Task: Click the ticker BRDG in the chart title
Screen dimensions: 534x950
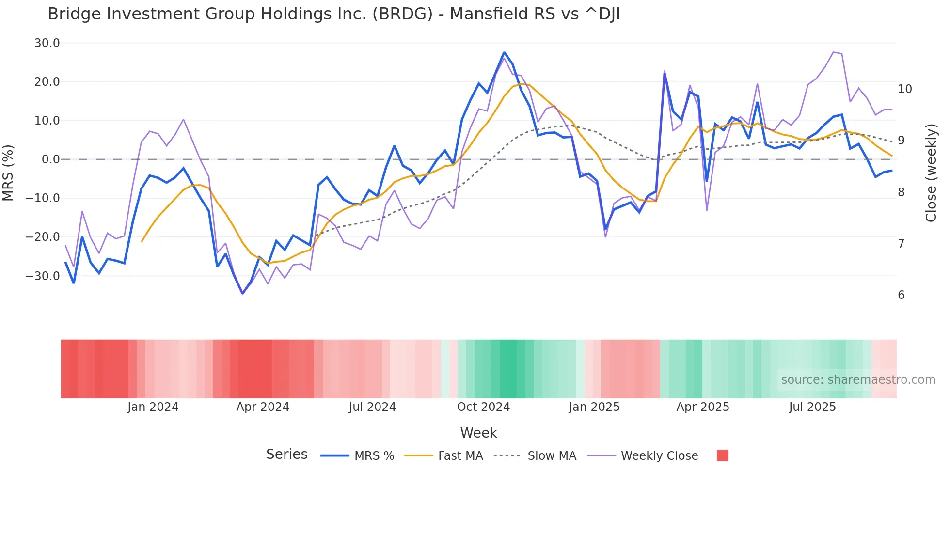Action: click(x=402, y=14)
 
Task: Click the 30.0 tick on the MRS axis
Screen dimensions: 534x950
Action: click(x=47, y=43)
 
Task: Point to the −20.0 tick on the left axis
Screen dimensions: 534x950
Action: click(x=43, y=237)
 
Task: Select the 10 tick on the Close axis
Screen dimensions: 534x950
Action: click(x=904, y=89)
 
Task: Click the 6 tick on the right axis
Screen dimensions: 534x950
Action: click(x=901, y=295)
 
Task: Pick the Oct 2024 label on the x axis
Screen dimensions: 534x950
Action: click(x=483, y=407)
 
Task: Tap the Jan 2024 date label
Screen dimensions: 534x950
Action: click(x=153, y=407)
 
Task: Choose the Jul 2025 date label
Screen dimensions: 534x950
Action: click(x=812, y=407)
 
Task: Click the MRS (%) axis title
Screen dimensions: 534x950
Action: click(x=8, y=173)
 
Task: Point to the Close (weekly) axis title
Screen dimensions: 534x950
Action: click(x=931, y=173)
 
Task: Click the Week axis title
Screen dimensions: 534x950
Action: click(x=478, y=433)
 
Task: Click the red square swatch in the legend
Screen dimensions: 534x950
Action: click(x=722, y=455)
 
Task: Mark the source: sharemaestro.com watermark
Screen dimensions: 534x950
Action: click(x=858, y=380)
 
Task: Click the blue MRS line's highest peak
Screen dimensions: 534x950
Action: click(x=504, y=52)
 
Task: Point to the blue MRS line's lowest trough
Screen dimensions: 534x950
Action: click(x=243, y=293)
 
